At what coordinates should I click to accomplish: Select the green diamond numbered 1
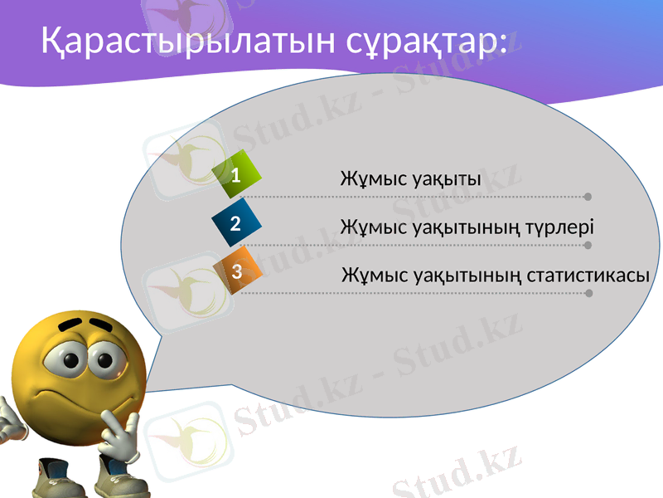236,175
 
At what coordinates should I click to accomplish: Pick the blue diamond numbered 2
236,223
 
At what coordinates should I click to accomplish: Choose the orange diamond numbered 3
237,271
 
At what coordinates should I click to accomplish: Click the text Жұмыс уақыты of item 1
411,179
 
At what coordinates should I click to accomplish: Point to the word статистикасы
588,275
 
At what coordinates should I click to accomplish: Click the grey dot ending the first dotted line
588,197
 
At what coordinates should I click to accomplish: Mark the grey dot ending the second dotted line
588,245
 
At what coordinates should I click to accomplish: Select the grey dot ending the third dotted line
588,293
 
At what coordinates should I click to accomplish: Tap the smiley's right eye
106,359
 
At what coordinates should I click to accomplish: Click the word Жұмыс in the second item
373,227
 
